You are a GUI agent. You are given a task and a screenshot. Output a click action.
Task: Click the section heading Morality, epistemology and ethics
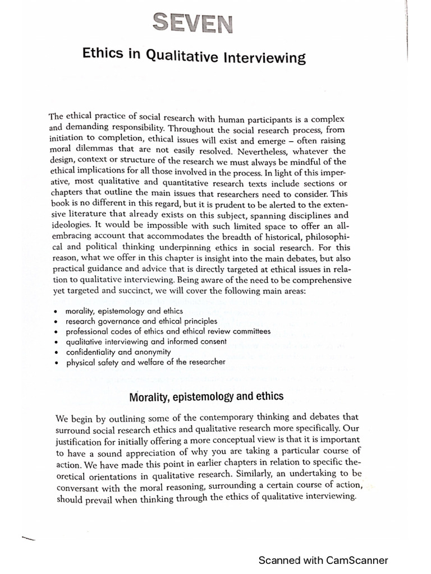206,397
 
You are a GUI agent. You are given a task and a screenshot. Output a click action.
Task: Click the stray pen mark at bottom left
27,523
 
